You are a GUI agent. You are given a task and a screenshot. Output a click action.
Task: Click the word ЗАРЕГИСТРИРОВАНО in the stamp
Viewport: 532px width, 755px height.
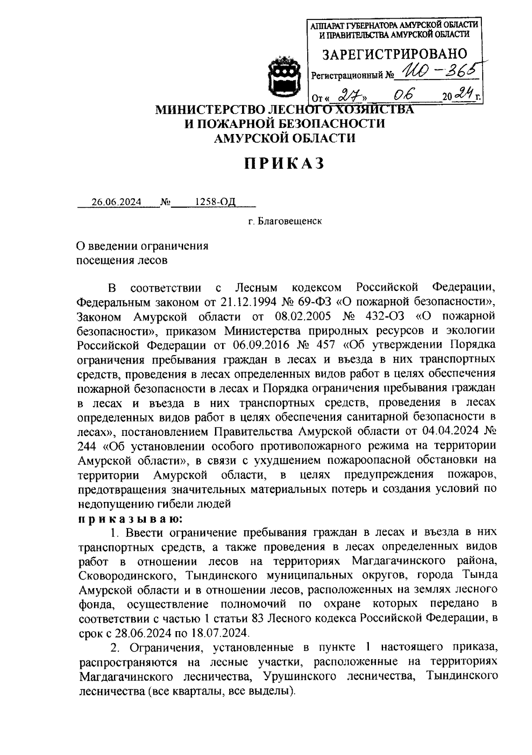394,54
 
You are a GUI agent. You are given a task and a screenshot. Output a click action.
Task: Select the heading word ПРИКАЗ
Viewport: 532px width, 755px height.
284,164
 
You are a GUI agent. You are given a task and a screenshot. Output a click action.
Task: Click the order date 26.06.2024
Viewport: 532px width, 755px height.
116,202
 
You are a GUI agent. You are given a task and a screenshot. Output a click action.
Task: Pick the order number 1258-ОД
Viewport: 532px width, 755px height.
215,202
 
